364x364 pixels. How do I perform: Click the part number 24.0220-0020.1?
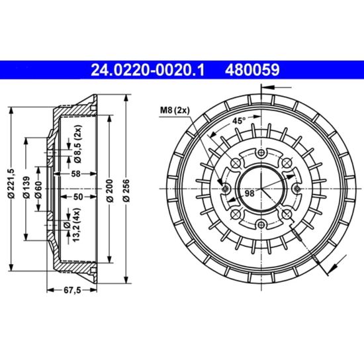click(148, 70)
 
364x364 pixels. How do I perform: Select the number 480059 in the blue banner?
click(252, 70)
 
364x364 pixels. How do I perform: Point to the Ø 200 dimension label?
click(111, 191)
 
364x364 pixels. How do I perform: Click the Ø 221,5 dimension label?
click(11, 183)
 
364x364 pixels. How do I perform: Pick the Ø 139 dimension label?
click(26, 187)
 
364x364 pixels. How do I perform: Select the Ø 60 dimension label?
click(38, 190)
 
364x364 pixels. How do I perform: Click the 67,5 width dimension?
click(72, 290)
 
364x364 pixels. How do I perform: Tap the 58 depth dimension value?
click(75, 174)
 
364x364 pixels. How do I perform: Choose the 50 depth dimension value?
click(78, 197)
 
